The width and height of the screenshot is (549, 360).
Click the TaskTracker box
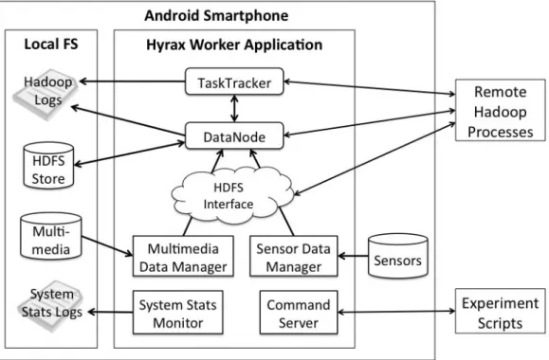[234, 81]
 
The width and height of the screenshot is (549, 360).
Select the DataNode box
[234, 135]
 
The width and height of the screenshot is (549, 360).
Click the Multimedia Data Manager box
[183, 257]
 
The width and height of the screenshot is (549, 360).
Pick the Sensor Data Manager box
[293, 257]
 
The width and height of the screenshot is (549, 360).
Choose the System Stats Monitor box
[178, 313]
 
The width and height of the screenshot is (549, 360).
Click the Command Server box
[299, 313]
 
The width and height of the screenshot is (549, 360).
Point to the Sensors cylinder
[397, 256]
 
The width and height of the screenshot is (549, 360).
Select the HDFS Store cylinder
[48, 166]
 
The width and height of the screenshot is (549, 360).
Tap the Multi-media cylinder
[51, 237]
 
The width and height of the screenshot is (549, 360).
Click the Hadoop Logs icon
[46, 94]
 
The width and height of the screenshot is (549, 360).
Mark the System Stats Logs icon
[51, 305]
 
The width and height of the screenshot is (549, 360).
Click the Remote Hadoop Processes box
[501, 110]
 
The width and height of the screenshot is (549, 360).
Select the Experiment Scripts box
[501, 311]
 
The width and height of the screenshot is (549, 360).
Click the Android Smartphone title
[216, 16]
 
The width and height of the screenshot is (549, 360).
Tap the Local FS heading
[51, 45]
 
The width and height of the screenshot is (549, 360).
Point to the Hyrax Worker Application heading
[234, 45]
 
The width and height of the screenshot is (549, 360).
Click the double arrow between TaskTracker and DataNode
[234, 108]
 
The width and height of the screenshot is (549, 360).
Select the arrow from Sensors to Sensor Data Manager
[353, 256]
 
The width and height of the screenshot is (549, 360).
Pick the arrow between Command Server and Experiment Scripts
[396, 312]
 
